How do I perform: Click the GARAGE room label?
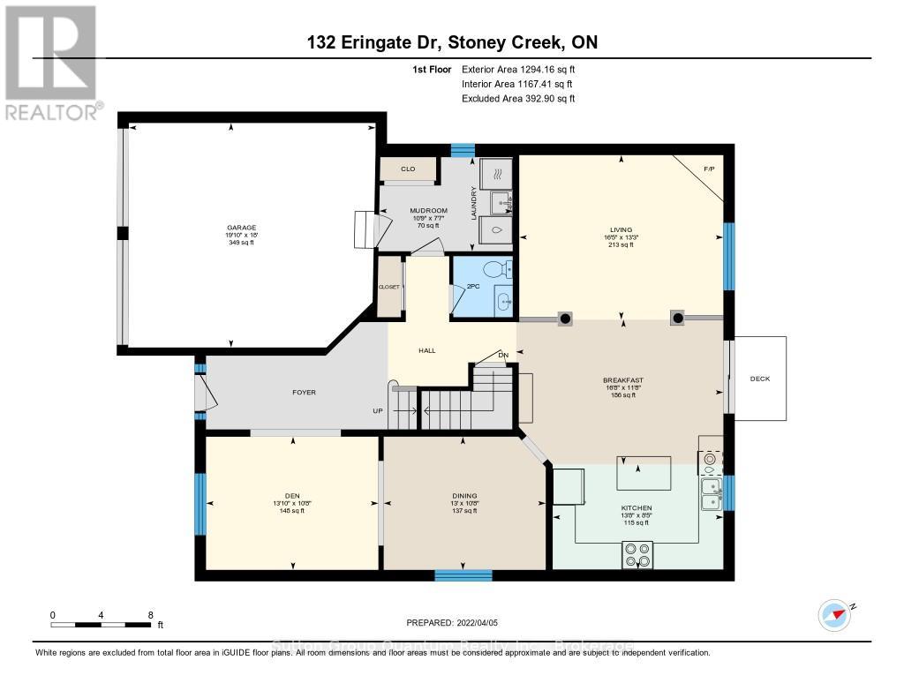click(x=240, y=227)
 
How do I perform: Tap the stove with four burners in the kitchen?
click(x=637, y=554)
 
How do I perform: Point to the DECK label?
click(x=759, y=379)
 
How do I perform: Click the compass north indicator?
click(x=834, y=612)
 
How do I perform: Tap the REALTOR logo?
click(x=51, y=62)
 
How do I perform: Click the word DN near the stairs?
click(x=503, y=356)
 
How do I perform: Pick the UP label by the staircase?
click(x=377, y=411)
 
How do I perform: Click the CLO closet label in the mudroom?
click(x=408, y=169)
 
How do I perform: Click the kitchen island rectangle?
click(x=643, y=473)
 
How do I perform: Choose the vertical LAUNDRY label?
click(x=473, y=204)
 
